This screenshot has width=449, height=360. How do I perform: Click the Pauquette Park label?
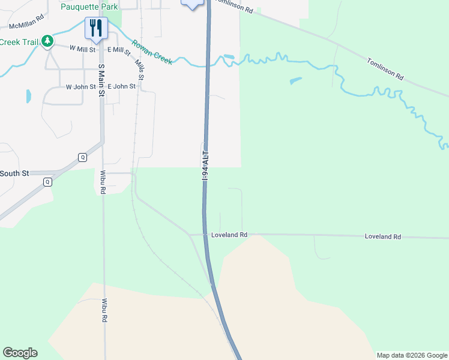pyautogui.click(x=89, y=7)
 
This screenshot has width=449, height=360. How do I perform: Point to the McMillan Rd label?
pyautogui.click(x=27, y=26)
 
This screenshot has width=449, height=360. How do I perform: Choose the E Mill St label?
pyautogui.click(x=119, y=52)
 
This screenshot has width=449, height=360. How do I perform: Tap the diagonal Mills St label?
pyautogui.click(x=139, y=69)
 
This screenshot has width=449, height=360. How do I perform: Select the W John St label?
pyautogui.click(x=80, y=86)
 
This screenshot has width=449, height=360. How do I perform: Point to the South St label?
pyautogui.click(x=14, y=173)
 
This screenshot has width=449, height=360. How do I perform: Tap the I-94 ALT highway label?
pyautogui.click(x=205, y=165)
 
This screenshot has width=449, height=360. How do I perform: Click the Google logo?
pyautogui.click(x=20, y=353)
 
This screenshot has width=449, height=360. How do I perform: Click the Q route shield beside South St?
pyautogui.click(x=48, y=181)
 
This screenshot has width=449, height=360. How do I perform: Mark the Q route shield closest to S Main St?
pyautogui.click(x=82, y=157)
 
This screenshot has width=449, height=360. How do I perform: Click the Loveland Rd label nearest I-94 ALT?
pyautogui.click(x=229, y=235)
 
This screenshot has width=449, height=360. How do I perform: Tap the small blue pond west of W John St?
pyautogui.click(x=28, y=96)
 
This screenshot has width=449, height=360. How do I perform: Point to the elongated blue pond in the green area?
pyautogui.click(x=295, y=80)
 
